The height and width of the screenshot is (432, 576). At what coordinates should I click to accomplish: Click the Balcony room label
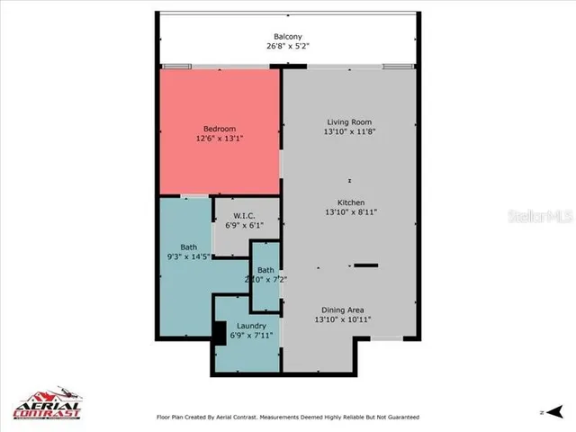coord(288,36)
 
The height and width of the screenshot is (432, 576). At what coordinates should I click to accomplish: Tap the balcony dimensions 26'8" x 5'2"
coord(288,46)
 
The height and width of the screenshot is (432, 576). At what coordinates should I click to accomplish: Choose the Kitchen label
coord(350,202)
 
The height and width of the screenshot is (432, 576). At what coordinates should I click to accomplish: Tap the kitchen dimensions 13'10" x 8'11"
coord(350,212)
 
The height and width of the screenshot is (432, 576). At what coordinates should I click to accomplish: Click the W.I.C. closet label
coord(244,216)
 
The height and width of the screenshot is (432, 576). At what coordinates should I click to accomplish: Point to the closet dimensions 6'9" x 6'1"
coord(244,226)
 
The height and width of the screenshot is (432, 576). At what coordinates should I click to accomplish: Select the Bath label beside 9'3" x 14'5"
coord(188,247)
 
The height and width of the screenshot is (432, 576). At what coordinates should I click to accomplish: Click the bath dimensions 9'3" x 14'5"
coord(188,257)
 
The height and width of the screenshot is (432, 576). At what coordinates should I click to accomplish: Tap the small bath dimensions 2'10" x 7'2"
coord(265,280)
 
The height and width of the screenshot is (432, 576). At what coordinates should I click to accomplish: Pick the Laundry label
coord(251,326)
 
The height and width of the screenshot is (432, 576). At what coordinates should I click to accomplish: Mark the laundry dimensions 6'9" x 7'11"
coord(251,337)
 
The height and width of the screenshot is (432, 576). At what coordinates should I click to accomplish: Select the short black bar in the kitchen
coord(365,265)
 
